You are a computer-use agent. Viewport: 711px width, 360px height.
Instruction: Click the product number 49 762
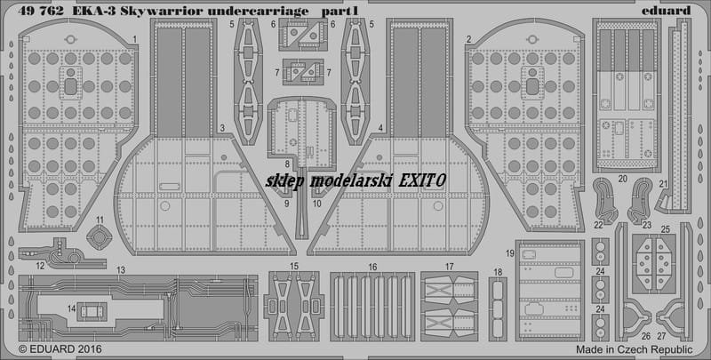coord(40,12)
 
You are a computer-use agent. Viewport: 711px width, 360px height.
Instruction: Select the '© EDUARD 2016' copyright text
coord(60,349)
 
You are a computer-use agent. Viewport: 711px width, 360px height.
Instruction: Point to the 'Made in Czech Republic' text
coord(635,349)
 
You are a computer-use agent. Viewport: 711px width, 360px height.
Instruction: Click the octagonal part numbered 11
coord(100,237)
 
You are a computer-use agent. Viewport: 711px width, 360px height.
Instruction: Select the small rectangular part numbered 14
coord(92,311)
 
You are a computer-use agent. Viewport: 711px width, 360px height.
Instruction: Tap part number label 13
coord(120,270)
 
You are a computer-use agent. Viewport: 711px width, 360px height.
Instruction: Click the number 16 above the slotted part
coord(372,268)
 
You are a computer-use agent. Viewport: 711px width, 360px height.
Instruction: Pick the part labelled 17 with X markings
coord(449,306)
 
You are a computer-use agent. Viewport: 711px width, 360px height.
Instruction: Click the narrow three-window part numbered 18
coord(498,308)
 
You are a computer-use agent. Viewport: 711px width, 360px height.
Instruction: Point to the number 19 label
coord(510,254)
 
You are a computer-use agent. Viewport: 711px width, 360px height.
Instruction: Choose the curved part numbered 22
coord(605,200)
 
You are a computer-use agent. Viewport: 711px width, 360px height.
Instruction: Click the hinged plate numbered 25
coord(653,264)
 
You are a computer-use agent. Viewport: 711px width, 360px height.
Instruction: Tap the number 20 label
coord(623,179)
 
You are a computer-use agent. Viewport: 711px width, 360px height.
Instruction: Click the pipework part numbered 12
coord(62,256)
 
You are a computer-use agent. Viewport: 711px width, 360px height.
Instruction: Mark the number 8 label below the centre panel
coord(287,164)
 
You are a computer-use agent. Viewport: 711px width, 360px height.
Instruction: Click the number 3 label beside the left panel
coord(221,128)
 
